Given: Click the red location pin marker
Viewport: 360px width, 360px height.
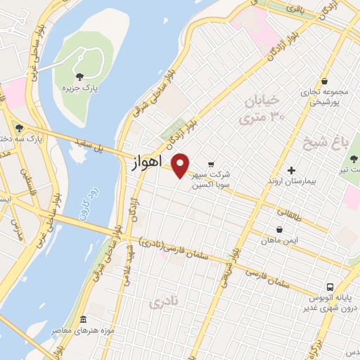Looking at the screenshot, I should (x=181, y=165).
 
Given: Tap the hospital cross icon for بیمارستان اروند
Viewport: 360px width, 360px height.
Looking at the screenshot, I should (x=292, y=169).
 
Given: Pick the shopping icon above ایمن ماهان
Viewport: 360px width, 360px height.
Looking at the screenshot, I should (x=279, y=229).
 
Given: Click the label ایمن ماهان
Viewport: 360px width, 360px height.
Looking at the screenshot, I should (x=279, y=241).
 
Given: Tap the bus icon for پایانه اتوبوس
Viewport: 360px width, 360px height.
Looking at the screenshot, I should (x=331, y=288).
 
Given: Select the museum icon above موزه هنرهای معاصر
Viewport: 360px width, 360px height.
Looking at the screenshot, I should (x=83, y=320).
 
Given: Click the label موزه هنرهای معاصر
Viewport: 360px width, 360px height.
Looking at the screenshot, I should (x=83, y=330).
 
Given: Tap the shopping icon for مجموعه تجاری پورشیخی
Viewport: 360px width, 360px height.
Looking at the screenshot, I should (x=324, y=82).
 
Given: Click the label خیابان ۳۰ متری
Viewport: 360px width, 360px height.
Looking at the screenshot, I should (x=264, y=110).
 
